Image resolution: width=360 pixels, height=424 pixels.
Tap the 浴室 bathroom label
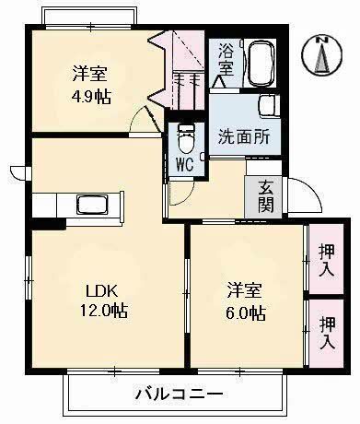(226, 61)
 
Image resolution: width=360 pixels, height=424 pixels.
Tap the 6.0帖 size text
(247, 314)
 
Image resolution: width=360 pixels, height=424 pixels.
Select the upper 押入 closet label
(325, 261)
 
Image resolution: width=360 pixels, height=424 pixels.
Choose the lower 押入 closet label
(326, 333)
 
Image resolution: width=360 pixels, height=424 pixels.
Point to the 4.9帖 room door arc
(143, 121)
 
